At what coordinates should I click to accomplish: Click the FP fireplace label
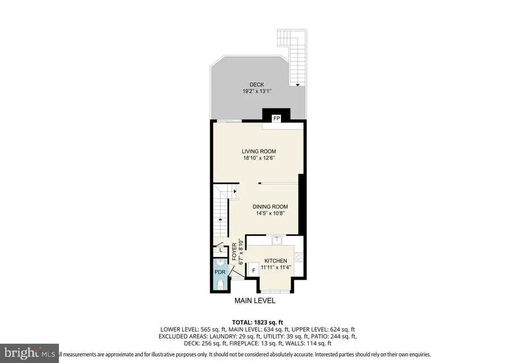[x=277, y=118]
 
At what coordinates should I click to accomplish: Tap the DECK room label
[x=257, y=85]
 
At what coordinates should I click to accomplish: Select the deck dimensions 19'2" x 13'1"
[x=257, y=91]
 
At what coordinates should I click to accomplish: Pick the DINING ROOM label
[x=270, y=207]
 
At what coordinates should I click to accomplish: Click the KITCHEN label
[x=275, y=261]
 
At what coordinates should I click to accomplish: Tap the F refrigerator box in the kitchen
[x=253, y=271]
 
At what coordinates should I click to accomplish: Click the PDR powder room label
[x=220, y=272]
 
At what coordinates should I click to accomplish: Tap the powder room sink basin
[x=220, y=283]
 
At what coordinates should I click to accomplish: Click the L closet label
[x=220, y=249]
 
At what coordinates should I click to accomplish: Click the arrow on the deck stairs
[x=297, y=84]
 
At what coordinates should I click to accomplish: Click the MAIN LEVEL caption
[x=255, y=300]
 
